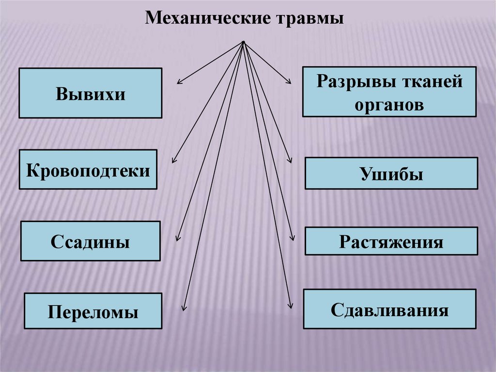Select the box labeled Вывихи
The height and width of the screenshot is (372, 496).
pyautogui.click(x=90, y=93)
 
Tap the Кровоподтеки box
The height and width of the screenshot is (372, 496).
pyautogui.click(x=88, y=169)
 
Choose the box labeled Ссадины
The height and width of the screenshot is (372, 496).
pyautogui.click(x=90, y=241)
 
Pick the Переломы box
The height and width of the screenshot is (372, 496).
pyautogui.click(x=93, y=311)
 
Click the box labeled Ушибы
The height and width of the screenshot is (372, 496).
pyautogui.click(x=391, y=173)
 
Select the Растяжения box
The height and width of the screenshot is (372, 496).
pyautogui.click(x=391, y=241)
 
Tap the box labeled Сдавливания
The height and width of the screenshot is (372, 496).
pyautogui.click(x=389, y=309)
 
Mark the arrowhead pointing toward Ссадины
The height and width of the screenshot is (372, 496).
pyautogui.click(x=178, y=239)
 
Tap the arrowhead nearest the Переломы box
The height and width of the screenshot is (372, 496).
pyautogui.click(x=184, y=307)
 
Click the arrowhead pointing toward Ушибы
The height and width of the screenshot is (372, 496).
pyautogui.click(x=291, y=161)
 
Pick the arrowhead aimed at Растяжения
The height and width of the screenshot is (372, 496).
pyautogui.click(x=293, y=238)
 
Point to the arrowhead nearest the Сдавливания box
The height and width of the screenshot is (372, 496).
pyautogui.click(x=291, y=306)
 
